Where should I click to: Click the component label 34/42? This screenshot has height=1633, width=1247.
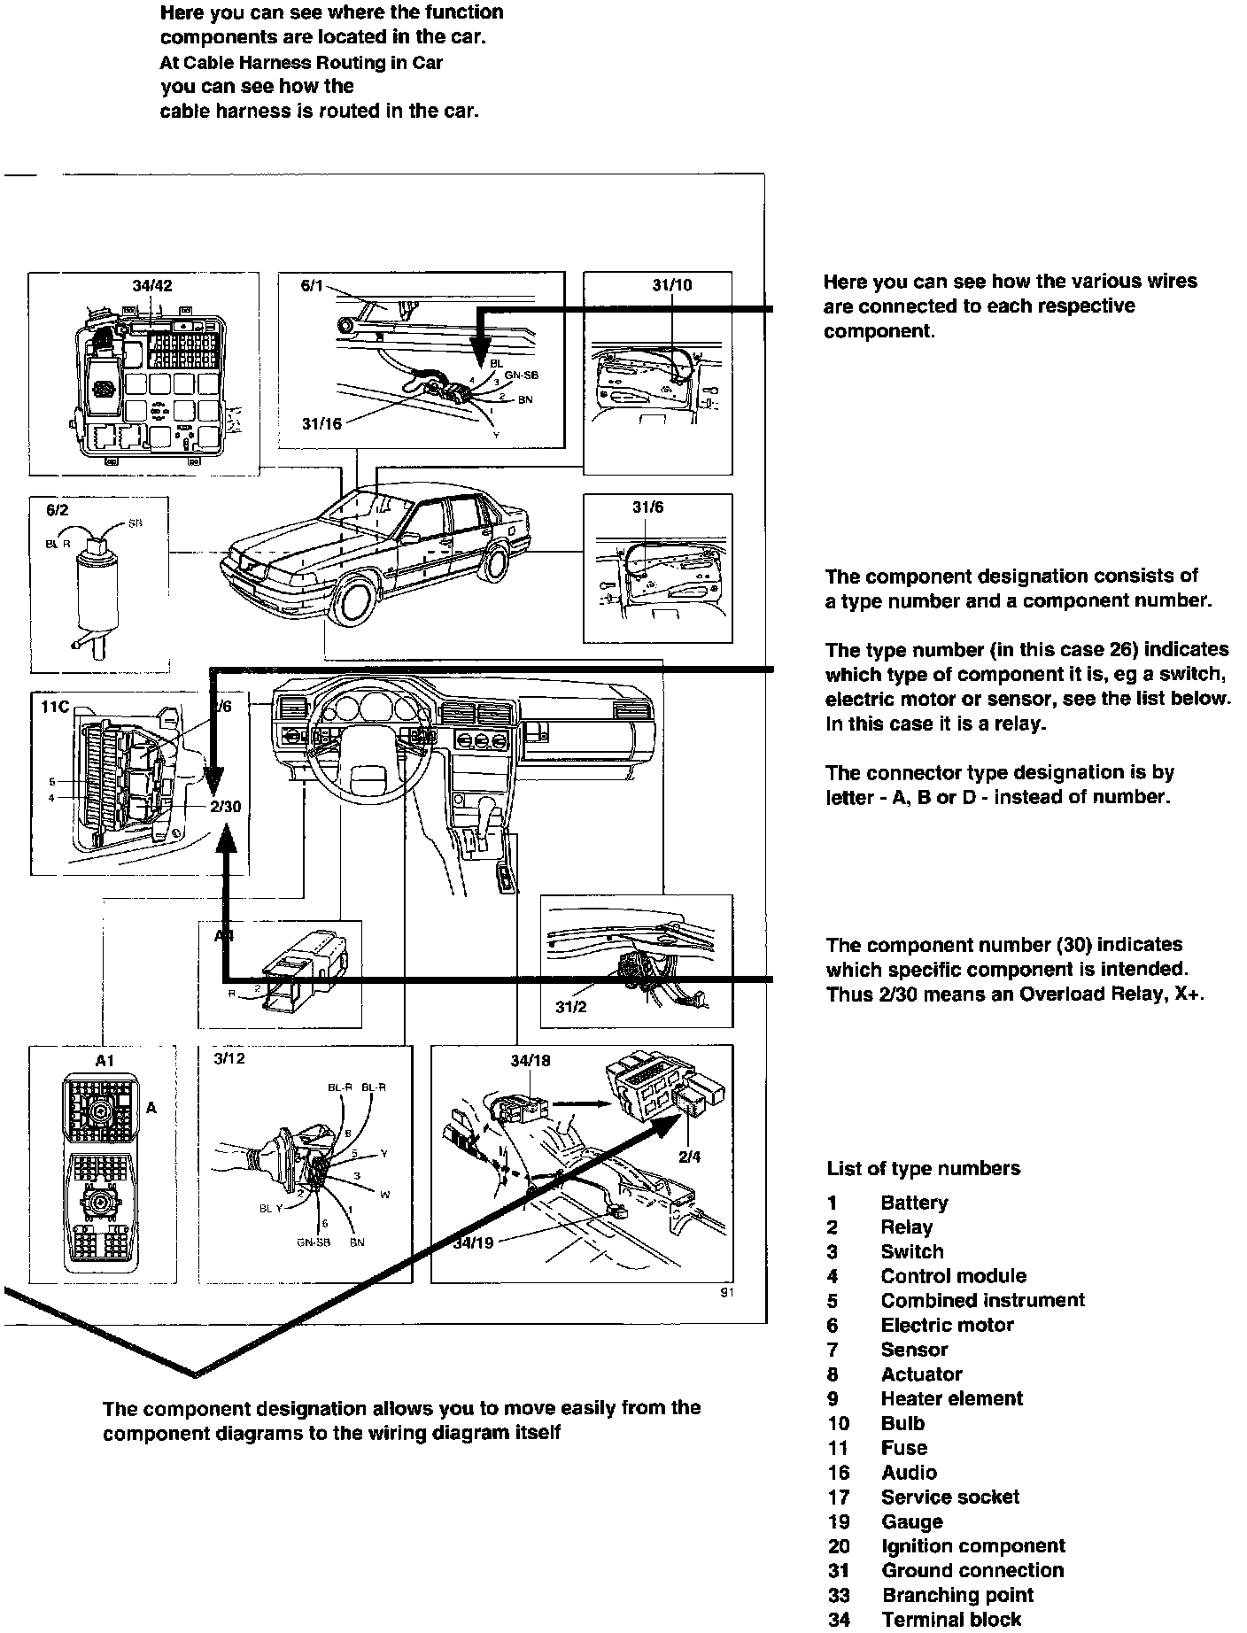point(152,285)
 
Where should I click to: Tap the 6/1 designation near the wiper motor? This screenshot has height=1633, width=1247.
point(314,285)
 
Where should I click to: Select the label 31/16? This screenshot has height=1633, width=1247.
point(321,424)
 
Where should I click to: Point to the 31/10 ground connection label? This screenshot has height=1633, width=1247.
point(671,285)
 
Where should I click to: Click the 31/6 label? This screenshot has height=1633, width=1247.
point(647,507)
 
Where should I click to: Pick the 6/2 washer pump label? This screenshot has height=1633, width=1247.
point(56,511)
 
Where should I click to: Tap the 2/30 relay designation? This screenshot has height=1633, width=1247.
point(226,807)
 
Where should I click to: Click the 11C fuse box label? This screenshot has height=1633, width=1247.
point(55,708)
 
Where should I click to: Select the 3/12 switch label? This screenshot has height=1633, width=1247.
point(229,1058)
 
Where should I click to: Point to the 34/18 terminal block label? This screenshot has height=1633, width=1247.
point(530,1061)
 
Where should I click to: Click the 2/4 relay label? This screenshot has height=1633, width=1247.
point(690,1157)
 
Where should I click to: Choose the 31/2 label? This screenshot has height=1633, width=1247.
point(571,1007)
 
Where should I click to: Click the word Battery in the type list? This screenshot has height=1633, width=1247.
point(914,1203)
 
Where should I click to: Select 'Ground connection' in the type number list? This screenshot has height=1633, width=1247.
point(972,1570)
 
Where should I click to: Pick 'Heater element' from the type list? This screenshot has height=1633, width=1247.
point(951,1399)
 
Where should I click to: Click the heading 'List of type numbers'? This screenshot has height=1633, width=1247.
point(923,1169)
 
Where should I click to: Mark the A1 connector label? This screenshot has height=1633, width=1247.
point(105,1061)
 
